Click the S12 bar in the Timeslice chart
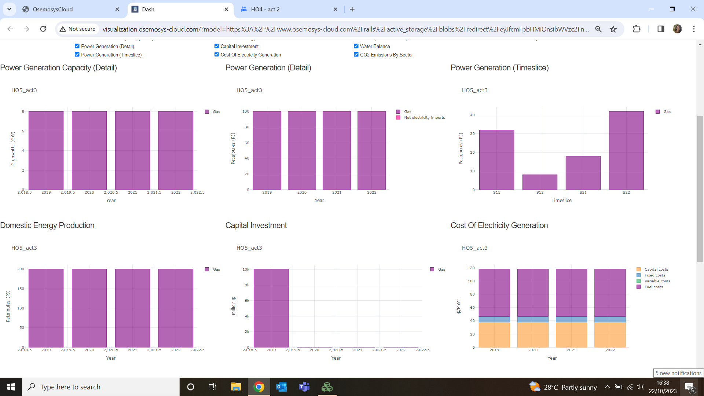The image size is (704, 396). (540, 182)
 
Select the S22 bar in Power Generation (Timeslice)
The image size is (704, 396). (626, 150)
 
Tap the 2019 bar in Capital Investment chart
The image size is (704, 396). (271, 308)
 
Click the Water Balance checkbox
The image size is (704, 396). (356, 46)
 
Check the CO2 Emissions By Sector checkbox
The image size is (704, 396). (356, 55)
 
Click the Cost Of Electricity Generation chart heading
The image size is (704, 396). (499, 225)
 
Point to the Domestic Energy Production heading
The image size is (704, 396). (47, 225)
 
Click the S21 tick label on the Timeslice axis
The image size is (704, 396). (583, 192)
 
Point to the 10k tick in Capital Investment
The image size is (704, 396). (246, 269)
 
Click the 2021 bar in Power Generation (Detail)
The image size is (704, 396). (337, 150)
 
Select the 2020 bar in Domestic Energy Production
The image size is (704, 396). (89, 308)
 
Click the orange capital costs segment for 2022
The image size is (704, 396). (610, 335)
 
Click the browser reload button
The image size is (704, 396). (43, 29)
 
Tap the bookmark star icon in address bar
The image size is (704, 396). (613, 29)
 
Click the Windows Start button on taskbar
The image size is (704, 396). (11, 387)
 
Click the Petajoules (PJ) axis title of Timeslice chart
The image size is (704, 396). (461, 148)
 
